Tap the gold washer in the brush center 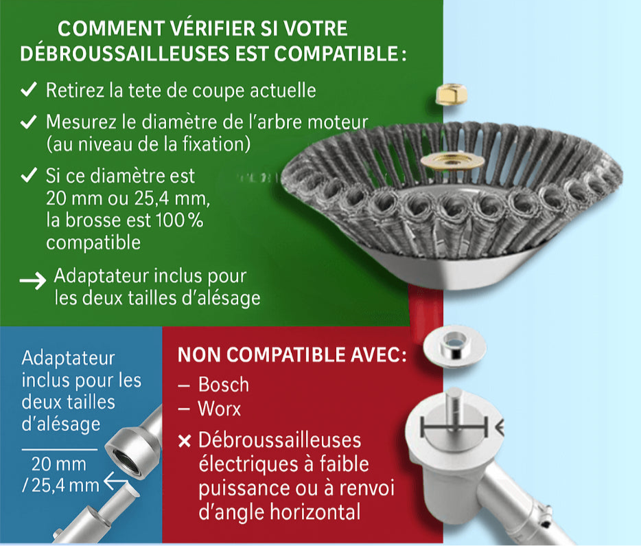pos(452,161)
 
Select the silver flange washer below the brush pos(454,346)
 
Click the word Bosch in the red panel pos(224,385)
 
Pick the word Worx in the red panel pos(220,409)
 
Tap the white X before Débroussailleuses pos(185,441)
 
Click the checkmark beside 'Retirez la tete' pos(29,89)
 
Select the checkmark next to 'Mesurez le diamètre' pos(29,122)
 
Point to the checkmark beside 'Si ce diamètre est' pos(29,174)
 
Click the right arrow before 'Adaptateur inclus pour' pos(33,281)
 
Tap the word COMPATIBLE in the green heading pos(336,54)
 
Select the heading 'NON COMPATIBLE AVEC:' pos(292,354)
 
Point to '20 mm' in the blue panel pos(59,464)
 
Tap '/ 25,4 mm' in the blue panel pos(60,486)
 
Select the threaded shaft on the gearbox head pos(454,409)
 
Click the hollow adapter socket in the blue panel pos(132,452)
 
